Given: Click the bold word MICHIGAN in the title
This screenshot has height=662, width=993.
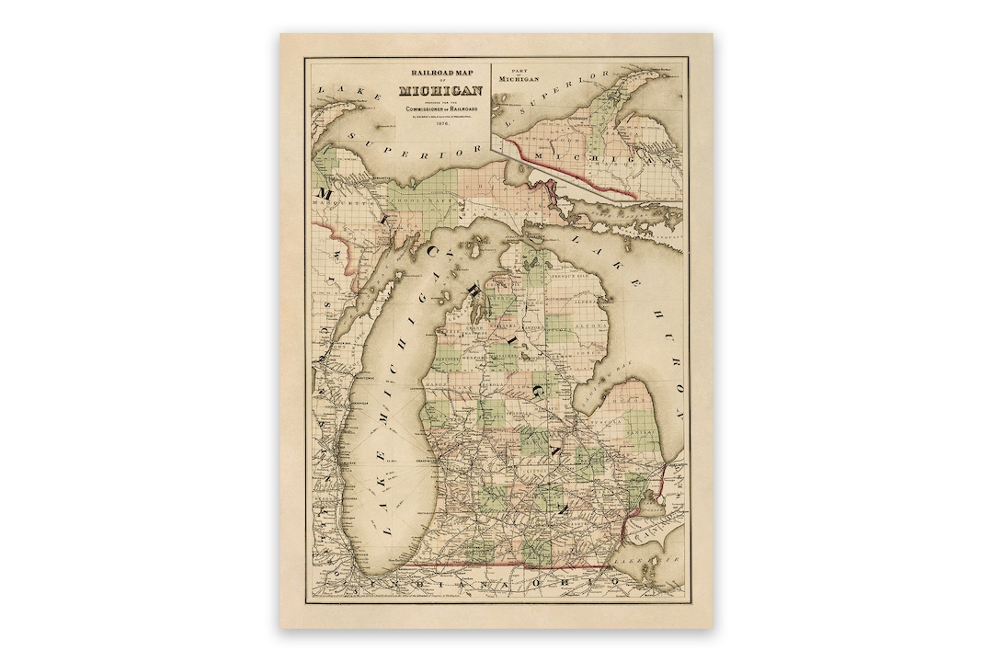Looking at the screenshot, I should [441, 90].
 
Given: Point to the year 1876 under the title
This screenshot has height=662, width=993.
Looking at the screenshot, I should [441, 125].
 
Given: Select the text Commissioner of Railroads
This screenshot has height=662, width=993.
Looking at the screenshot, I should [441, 108].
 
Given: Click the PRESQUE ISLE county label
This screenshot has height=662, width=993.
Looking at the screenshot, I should [568, 274].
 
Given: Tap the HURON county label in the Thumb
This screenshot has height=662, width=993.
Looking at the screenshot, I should [629, 401].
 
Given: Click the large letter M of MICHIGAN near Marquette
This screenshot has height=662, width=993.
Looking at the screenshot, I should [325, 193].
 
